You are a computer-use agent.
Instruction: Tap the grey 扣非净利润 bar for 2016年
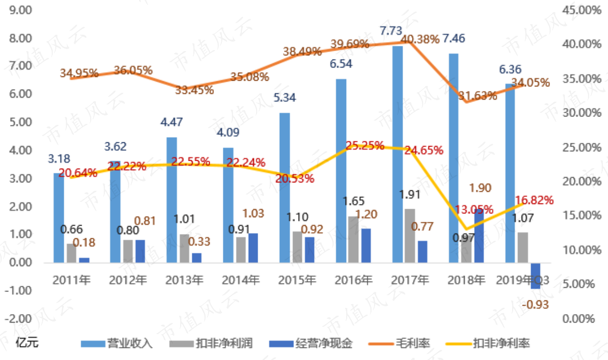click(352, 239)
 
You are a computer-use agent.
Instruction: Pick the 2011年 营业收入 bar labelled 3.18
click(59, 218)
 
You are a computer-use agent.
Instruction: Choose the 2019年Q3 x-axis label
click(523, 279)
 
